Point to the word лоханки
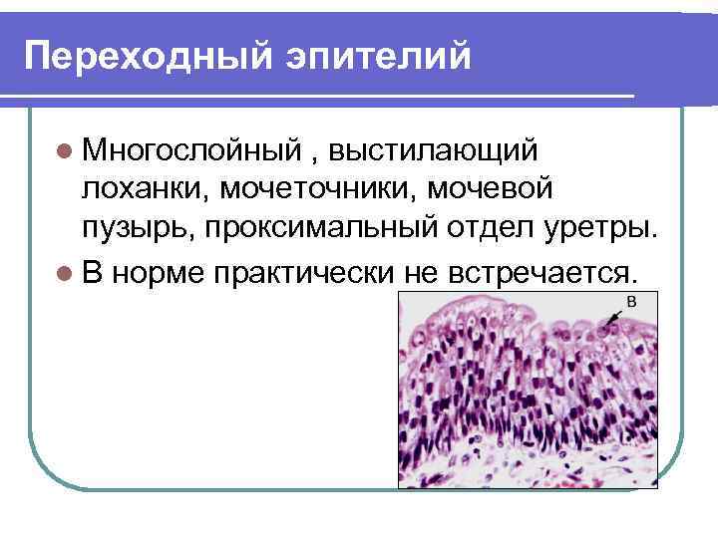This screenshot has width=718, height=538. [x=144, y=189]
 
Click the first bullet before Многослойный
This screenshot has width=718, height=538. [x=64, y=151]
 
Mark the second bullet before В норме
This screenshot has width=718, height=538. [x=64, y=270]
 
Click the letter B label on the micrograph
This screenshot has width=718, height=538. [x=630, y=300]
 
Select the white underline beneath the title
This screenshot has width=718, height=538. [x=319, y=96]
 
